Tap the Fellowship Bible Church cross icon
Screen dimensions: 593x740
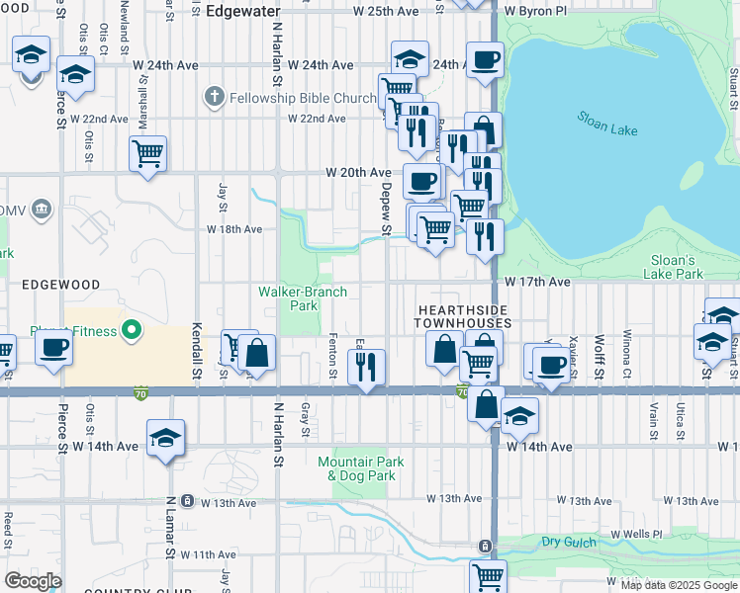click(x=212, y=98)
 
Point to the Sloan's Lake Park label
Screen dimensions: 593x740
click(x=673, y=266)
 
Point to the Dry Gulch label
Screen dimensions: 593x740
click(x=564, y=543)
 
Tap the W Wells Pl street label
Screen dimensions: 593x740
click(x=636, y=535)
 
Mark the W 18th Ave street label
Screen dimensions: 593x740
click(x=234, y=228)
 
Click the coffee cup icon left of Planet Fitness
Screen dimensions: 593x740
click(x=54, y=347)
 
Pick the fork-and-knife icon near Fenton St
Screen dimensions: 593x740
click(x=368, y=367)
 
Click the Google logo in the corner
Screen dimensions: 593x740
click(x=33, y=581)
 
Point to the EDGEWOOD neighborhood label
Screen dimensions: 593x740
click(x=60, y=285)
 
